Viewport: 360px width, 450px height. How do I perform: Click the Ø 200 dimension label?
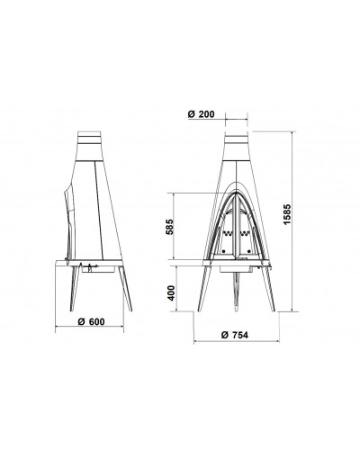pyautogui.click(x=201, y=114)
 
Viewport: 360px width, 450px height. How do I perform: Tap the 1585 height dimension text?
pyautogui.click(x=287, y=214)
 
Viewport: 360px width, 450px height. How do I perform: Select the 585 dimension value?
pyautogui.click(x=169, y=227)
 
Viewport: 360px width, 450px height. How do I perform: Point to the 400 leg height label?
pyautogui.click(x=171, y=292)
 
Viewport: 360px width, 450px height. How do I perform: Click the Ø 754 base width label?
pyautogui.click(x=235, y=335)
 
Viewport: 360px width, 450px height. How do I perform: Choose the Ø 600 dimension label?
pyautogui.click(x=91, y=321)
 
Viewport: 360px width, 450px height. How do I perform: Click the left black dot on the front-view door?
pyautogui.click(x=224, y=251)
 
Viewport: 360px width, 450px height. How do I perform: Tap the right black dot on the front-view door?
pyautogui.click(x=249, y=251)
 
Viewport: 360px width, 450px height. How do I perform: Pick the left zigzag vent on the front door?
pyautogui.click(x=227, y=233)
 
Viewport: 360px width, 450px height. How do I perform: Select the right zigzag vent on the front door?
pyautogui.click(x=246, y=233)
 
